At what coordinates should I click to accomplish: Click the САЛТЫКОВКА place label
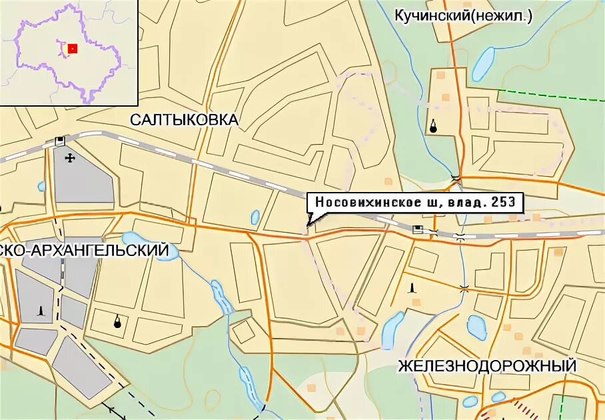184,120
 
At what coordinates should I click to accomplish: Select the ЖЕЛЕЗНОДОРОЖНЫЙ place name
487,366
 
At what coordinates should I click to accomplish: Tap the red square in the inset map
73,48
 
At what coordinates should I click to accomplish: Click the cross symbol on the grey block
70,158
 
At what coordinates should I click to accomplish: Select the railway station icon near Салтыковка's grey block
61,141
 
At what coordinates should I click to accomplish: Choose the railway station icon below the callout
418,230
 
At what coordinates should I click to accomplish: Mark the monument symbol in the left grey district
42,313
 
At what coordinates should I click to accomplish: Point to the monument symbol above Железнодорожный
412,288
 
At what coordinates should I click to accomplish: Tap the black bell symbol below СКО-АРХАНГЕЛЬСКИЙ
118,322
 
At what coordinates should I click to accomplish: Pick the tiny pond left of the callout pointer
255,217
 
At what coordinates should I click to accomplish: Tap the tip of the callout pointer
307,227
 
